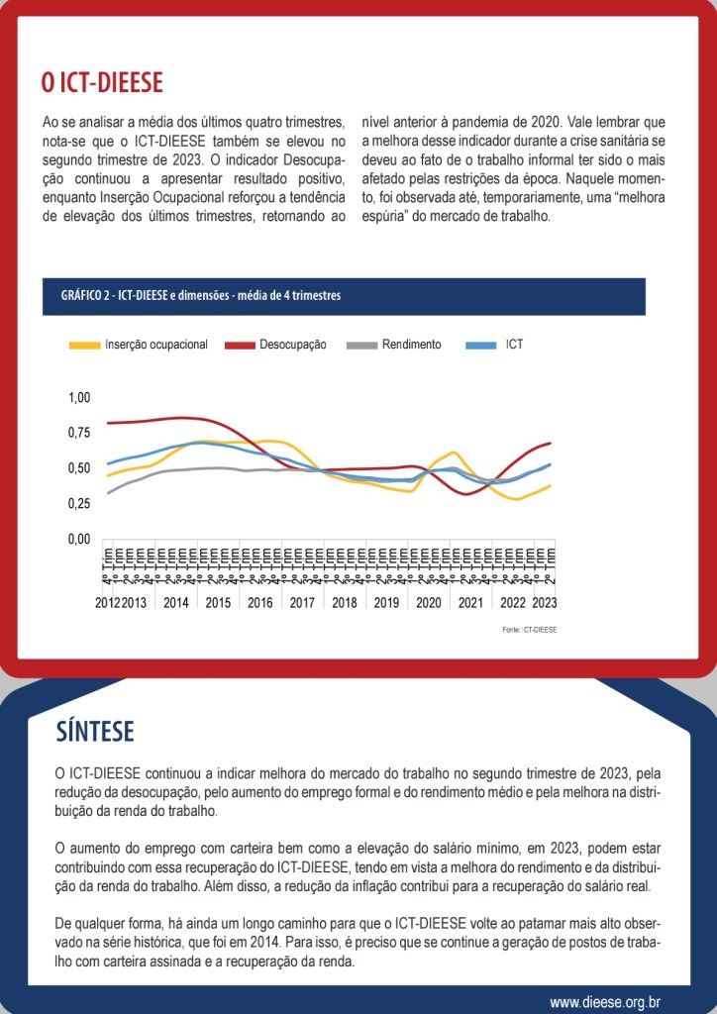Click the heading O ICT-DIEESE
(102, 82)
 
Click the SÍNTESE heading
(95, 731)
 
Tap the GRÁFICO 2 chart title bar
(343, 296)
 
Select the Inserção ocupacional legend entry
(140, 345)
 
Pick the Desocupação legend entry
(276, 345)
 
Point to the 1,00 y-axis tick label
(78, 397)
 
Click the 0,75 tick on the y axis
(78, 433)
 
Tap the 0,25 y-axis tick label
(78, 503)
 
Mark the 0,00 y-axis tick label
(78, 539)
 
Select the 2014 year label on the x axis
(176, 602)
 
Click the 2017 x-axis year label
(302, 602)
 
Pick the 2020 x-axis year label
(429, 602)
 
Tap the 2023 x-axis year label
(544, 602)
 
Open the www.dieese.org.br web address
(605, 1002)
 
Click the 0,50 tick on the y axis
(78, 467)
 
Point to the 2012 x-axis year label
(107, 602)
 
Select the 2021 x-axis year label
(470, 602)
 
